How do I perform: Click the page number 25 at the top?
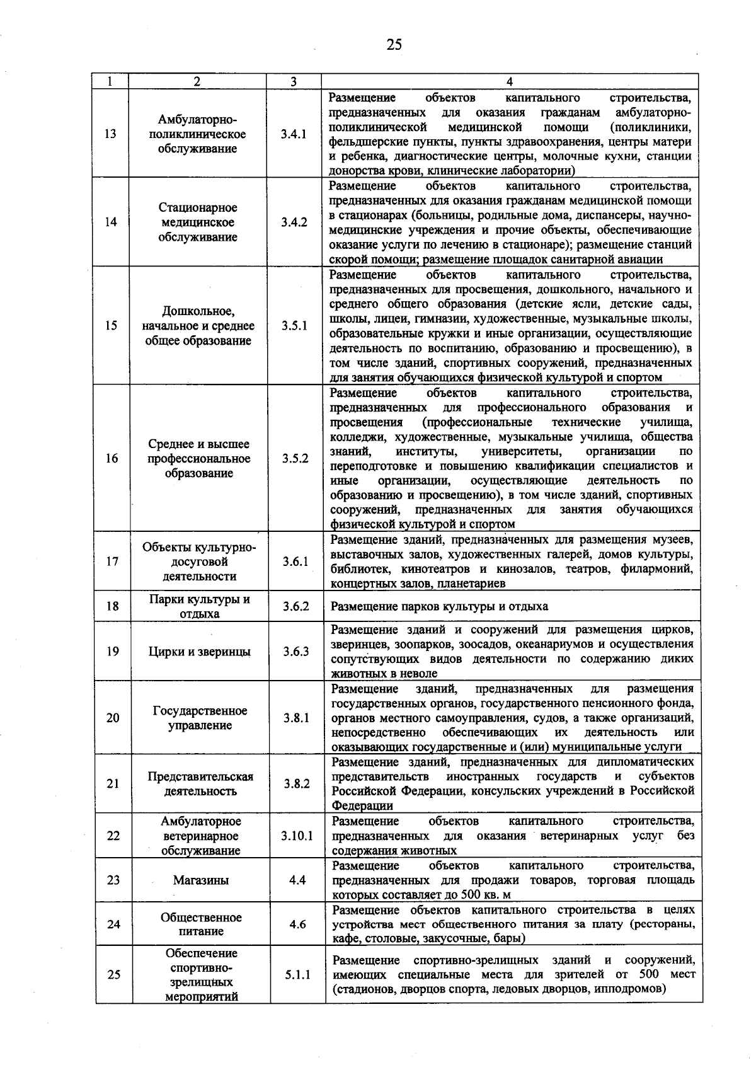tap(394, 44)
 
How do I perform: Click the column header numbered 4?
tap(510, 81)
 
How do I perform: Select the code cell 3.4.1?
tap(294, 134)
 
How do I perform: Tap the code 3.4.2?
tap(294, 222)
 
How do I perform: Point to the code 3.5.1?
tap(294, 326)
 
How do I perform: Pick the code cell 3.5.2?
tap(295, 458)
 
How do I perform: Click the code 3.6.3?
tap(295, 651)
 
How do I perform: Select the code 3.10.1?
tap(297, 836)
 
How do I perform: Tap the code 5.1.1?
tap(297, 975)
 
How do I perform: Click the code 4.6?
tap(297, 924)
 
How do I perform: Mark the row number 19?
tap(112, 651)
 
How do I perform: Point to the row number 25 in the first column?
tap(113, 975)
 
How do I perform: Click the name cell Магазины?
tap(200, 880)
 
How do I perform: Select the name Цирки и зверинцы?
tap(200, 652)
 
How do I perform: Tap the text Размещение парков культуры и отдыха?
tap(440, 606)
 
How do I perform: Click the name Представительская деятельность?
tap(200, 784)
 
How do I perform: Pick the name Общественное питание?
tap(200, 924)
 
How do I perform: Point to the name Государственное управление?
tap(200, 718)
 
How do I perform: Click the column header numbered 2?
tap(197, 81)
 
